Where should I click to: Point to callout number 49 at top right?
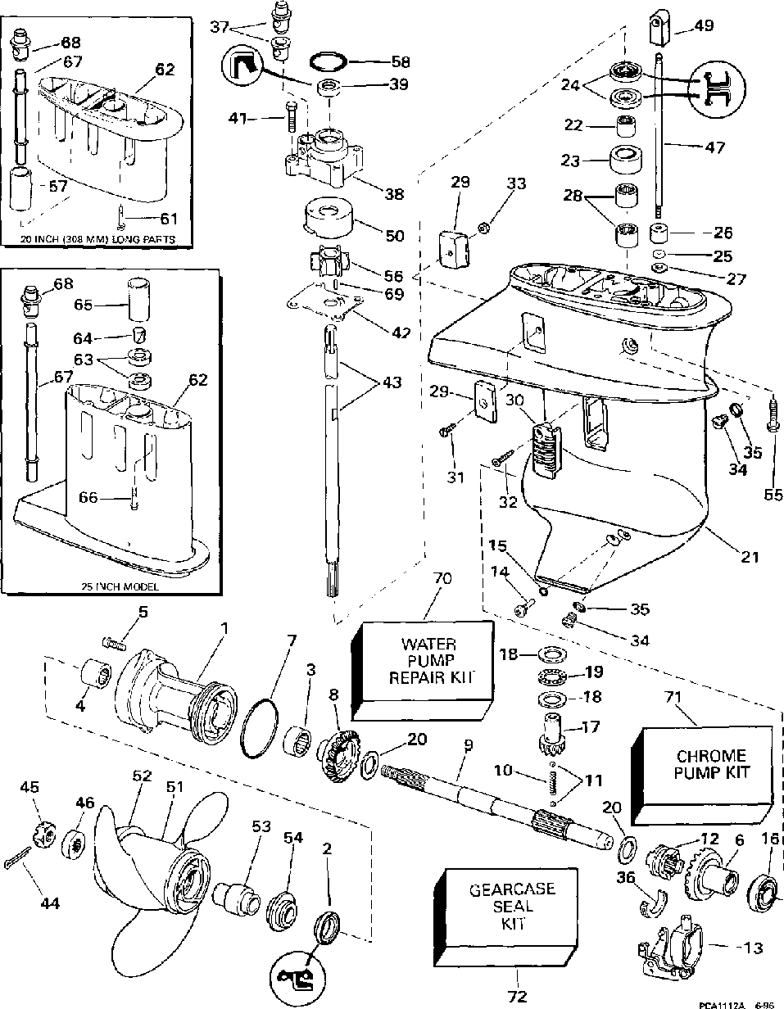704,26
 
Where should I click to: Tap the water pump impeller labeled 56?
326,264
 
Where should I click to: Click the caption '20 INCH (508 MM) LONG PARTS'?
99,239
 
